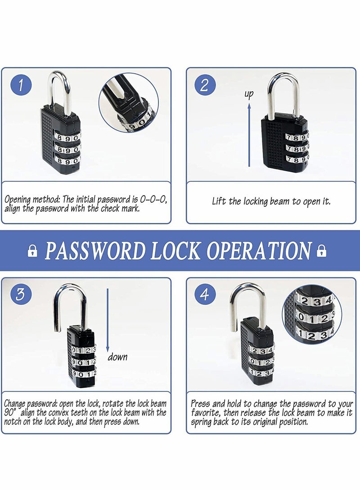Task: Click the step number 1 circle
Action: [x=21, y=85]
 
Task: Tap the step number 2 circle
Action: [x=204, y=85]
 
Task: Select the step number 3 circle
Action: [x=21, y=294]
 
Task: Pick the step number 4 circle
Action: [x=205, y=294]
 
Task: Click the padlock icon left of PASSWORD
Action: [x=32, y=251]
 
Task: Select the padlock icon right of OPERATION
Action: [x=321, y=251]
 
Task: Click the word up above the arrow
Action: [x=249, y=94]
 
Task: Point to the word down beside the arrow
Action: [x=117, y=357]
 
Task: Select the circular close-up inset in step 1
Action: [x=129, y=102]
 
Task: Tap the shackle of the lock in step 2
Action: [x=283, y=90]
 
